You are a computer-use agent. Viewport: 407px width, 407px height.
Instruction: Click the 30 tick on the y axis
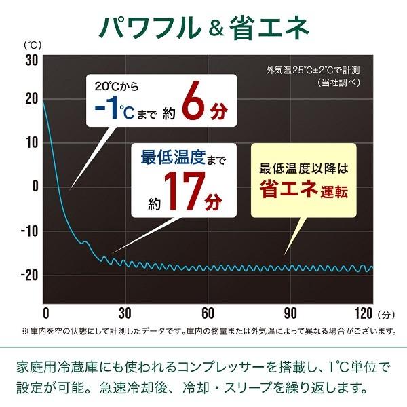[x=31, y=60]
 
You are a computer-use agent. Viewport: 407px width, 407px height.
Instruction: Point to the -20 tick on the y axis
[x=28, y=275]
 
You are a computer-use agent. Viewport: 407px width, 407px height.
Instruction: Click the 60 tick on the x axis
[x=208, y=313]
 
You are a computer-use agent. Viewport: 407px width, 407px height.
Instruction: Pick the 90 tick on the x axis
[x=290, y=313]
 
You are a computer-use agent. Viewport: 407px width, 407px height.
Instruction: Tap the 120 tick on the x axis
[x=364, y=313]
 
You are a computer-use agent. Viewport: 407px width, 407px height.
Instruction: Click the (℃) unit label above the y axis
[x=33, y=45]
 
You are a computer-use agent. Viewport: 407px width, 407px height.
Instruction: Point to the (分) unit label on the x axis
[x=387, y=314]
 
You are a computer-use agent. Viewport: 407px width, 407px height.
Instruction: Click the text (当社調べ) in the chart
[x=338, y=82]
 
